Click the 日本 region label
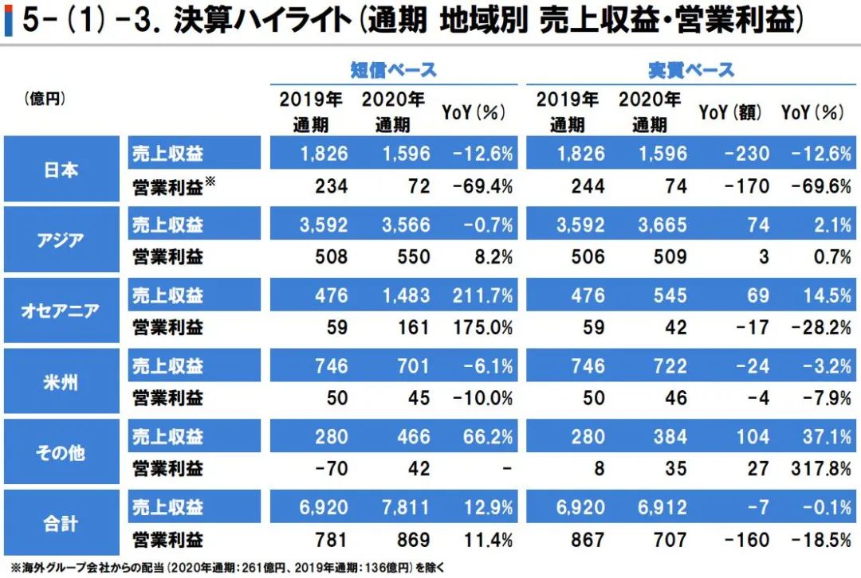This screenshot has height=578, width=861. [60, 170]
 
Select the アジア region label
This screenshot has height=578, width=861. [60, 240]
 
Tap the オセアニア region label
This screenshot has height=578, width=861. [60, 310]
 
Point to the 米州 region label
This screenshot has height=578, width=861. [60, 381]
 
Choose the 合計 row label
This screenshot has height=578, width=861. [60, 524]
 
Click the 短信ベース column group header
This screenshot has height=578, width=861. [394, 70]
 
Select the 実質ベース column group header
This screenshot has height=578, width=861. [690, 70]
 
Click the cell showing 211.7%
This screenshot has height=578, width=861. [483, 295]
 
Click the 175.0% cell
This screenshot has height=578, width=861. [483, 327]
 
